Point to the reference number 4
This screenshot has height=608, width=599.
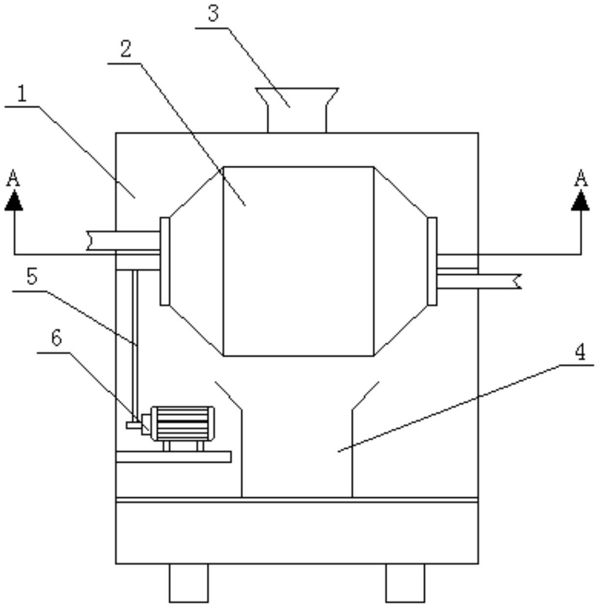click(x=580, y=352)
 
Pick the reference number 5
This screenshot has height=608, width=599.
click(x=31, y=277)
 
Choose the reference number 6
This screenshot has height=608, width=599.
click(x=56, y=338)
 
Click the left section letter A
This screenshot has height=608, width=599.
click(x=13, y=178)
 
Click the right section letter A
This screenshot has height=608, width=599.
click(x=581, y=178)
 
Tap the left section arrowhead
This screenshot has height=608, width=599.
click(x=14, y=200)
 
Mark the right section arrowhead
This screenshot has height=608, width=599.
click(x=580, y=200)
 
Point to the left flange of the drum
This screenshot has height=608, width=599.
click(x=164, y=261)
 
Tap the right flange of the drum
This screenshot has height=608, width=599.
click(x=432, y=261)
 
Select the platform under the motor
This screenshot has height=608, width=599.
click(x=173, y=457)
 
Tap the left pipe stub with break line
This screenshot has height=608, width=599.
click(x=123, y=240)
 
